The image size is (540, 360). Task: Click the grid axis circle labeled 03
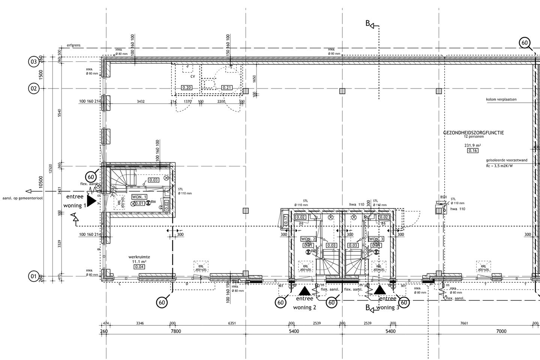pyautogui.click(x=34, y=61)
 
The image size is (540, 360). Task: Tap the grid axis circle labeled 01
pyautogui.click(x=34, y=277)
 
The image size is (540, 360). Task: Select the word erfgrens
pyautogui.click(x=73, y=45)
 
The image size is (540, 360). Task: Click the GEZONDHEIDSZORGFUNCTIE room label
pyautogui.click(x=473, y=133)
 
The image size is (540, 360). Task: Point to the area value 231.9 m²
pyautogui.click(x=473, y=145)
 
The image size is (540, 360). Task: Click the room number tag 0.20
pyautogui.click(x=187, y=88)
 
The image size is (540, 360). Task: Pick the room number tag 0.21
pyautogui.click(x=227, y=88)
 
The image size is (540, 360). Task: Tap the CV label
pyautogui.click(x=193, y=76)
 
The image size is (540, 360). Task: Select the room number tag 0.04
pyautogui.click(x=139, y=267)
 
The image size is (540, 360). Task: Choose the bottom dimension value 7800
pyautogui.click(x=175, y=331)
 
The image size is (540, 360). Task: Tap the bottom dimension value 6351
pyautogui.click(x=232, y=323)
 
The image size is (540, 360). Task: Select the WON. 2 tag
pyautogui.click(x=308, y=239)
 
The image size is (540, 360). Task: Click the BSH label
pyautogui.click(x=444, y=197)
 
